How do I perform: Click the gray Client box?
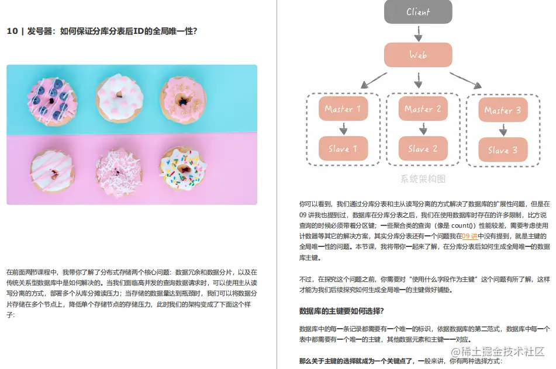point(418,12)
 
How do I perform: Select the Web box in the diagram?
point(418,55)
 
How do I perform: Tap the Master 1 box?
point(343,109)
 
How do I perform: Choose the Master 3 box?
point(503,110)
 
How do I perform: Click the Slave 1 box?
point(343,149)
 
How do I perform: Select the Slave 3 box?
point(503,150)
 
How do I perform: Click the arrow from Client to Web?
point(418,33)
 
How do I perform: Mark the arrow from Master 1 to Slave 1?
point(343,129)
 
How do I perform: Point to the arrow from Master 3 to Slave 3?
point(503,130)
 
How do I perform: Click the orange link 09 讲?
point(469,236)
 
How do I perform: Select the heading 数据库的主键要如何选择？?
point(341,310)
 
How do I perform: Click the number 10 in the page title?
point(12,32)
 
